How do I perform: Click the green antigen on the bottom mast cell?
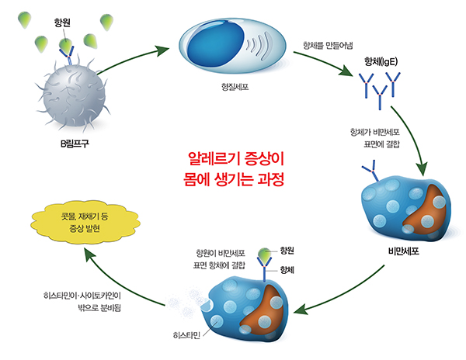pos(265,252)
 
